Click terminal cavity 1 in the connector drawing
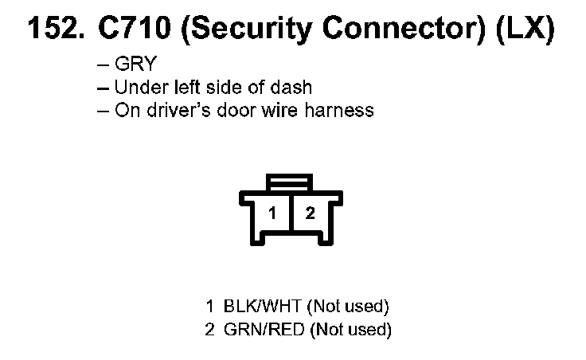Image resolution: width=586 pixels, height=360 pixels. coord(272,213)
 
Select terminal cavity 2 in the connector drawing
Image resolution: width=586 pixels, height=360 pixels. coord(311,213)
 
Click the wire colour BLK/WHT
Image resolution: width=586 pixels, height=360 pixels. coord(263,306)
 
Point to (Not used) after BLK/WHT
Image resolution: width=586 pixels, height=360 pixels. coord(347,306)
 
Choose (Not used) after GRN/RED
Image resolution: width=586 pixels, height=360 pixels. coord(350,328)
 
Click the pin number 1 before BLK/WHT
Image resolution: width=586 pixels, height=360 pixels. coord(210,306)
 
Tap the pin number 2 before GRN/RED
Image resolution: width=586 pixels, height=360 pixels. coord(210,328)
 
